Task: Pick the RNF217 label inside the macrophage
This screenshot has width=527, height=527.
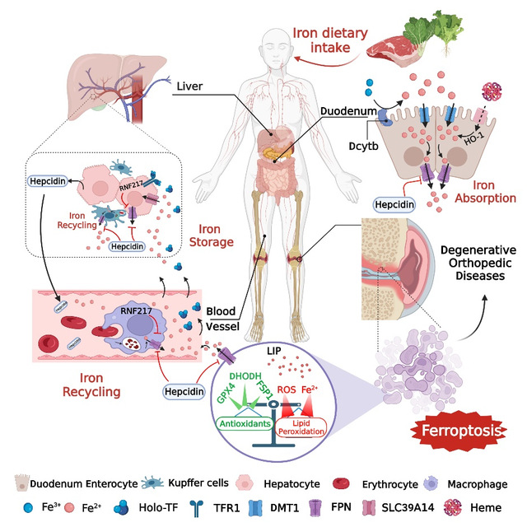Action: (142, 289)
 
